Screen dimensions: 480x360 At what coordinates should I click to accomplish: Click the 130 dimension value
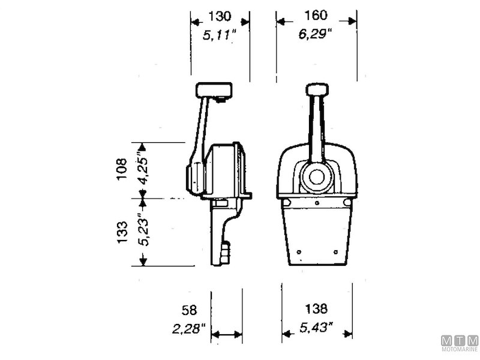(220, 16)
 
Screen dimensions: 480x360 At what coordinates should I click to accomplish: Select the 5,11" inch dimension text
(220, 35)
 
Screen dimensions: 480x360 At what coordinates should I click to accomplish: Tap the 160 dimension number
(316, 16)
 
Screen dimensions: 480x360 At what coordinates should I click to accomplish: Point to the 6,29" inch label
(316, 34)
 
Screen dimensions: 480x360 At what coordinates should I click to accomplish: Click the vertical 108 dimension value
(122, 169)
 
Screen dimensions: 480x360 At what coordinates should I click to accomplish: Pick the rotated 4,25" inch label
(143, 167)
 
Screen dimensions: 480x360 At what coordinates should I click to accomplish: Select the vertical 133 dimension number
(122, 232)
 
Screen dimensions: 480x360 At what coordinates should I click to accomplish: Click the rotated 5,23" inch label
(143, 229)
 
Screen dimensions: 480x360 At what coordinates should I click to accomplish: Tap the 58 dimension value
(189, 310)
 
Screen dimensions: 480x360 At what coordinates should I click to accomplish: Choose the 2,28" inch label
(188, 329)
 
